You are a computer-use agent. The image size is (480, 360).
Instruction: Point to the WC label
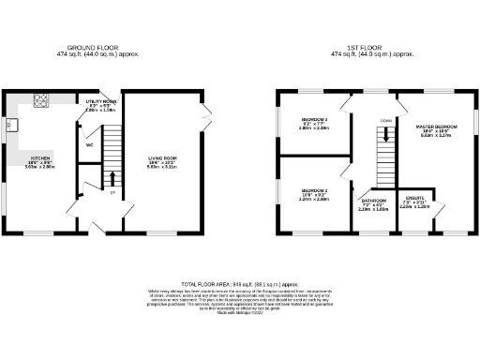coord(89,145)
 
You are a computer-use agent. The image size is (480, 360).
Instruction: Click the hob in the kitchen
coord(42,100)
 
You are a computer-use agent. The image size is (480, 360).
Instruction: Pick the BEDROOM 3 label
coord(314,119)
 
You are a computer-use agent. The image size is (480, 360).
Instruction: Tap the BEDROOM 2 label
coord(313,191)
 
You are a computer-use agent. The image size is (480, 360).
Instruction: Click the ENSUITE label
coord(414,198)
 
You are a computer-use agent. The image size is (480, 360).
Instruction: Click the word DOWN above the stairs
coord(385,120)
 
